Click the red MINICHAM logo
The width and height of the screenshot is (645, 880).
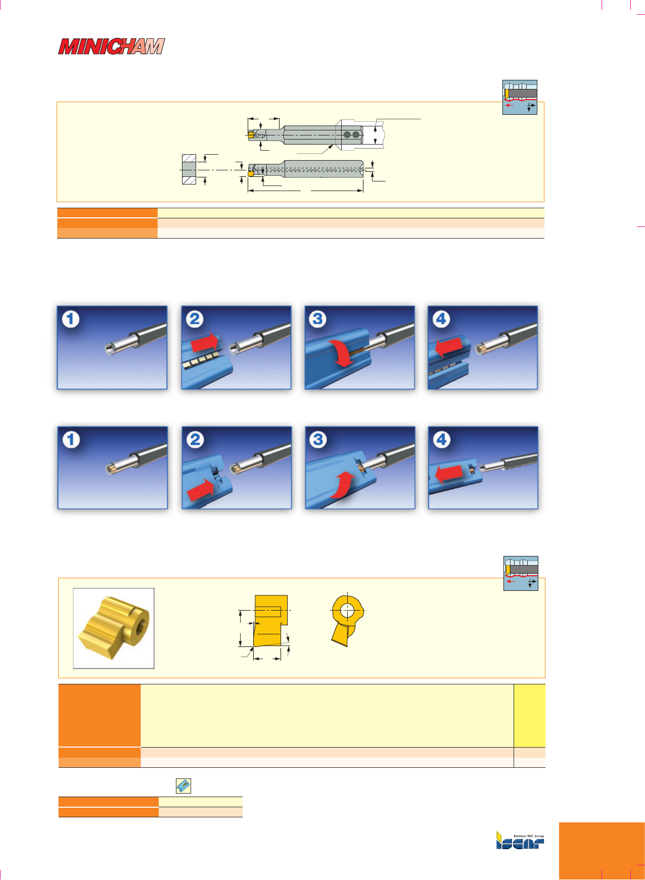click(112, 47)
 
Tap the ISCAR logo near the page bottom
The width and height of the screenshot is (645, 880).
click(520, 840)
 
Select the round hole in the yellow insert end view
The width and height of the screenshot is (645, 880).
click(348, 610)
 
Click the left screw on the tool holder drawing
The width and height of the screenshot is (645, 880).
click(347, 135)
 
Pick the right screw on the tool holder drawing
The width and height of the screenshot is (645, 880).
click(356, 135)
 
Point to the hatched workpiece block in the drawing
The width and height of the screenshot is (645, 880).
click(189, 169)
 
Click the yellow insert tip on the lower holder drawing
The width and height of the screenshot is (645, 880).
click(251, 173)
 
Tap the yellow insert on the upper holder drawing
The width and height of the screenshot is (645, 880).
click(251, 134)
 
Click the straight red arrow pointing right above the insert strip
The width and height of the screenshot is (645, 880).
click(205, 344)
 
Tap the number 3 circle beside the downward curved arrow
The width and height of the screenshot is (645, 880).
click(317, 319)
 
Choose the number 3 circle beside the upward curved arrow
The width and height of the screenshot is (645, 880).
click(318, 440)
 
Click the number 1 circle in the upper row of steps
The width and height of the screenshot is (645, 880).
click(71, 319)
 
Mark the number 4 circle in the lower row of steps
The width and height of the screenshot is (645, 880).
click(442, 440)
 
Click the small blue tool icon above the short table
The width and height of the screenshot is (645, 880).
click(183, 786)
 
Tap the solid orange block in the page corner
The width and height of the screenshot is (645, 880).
click(602, 851)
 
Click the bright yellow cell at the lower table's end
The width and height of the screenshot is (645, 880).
click(529, 715)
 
